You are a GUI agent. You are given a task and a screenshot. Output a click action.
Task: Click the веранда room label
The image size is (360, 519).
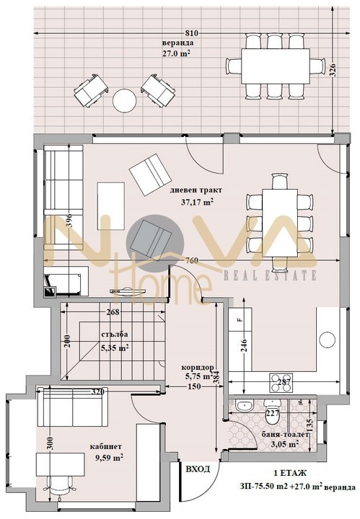177,43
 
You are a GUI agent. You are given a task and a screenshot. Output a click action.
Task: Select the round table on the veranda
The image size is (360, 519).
124,99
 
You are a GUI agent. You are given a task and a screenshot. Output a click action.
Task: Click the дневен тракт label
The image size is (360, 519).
196,190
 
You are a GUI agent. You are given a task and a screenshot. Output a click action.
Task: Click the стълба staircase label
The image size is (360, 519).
95,334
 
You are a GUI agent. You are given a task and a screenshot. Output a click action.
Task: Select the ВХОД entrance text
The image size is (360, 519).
198,469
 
